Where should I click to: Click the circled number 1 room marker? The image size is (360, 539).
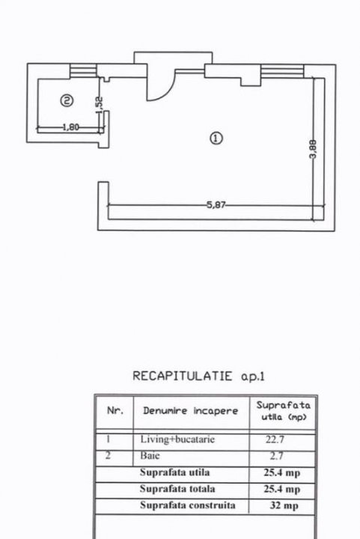click(x=216, y=138)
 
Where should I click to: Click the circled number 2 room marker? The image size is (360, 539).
click(x=67, y=101)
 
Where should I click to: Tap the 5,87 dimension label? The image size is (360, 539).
click(x=216, y=205)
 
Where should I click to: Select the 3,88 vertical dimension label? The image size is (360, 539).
click(x=313, y=149)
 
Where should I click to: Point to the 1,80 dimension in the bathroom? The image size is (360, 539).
click(x=71, y=127)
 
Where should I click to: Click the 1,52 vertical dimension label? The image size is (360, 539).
click(x=99, y=106)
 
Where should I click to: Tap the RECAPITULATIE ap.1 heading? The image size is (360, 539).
click(x=198, y=376)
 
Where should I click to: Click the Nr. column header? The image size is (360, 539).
click(x=115, y=410)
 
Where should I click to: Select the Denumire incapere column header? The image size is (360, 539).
click(x=190, y=411)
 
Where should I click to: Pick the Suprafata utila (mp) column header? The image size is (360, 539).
click(x=284, y=411)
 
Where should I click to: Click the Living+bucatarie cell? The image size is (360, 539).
click(x=177, y=439)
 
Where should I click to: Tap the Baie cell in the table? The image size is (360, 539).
click(x=150, y=456)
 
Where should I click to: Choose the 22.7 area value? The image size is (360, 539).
click(x=275, y=439)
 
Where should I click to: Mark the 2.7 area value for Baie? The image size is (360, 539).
click(x=276, y=456)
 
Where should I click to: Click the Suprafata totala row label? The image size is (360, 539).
click(x=177, y=489)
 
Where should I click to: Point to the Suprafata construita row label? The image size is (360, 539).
click(x=188, y=505)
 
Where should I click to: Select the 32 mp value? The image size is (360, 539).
click(x=284, y=505)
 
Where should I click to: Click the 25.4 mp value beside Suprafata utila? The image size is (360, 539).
click(x=281, y=472)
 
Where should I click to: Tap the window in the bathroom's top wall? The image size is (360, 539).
click(x=84, y=71)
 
